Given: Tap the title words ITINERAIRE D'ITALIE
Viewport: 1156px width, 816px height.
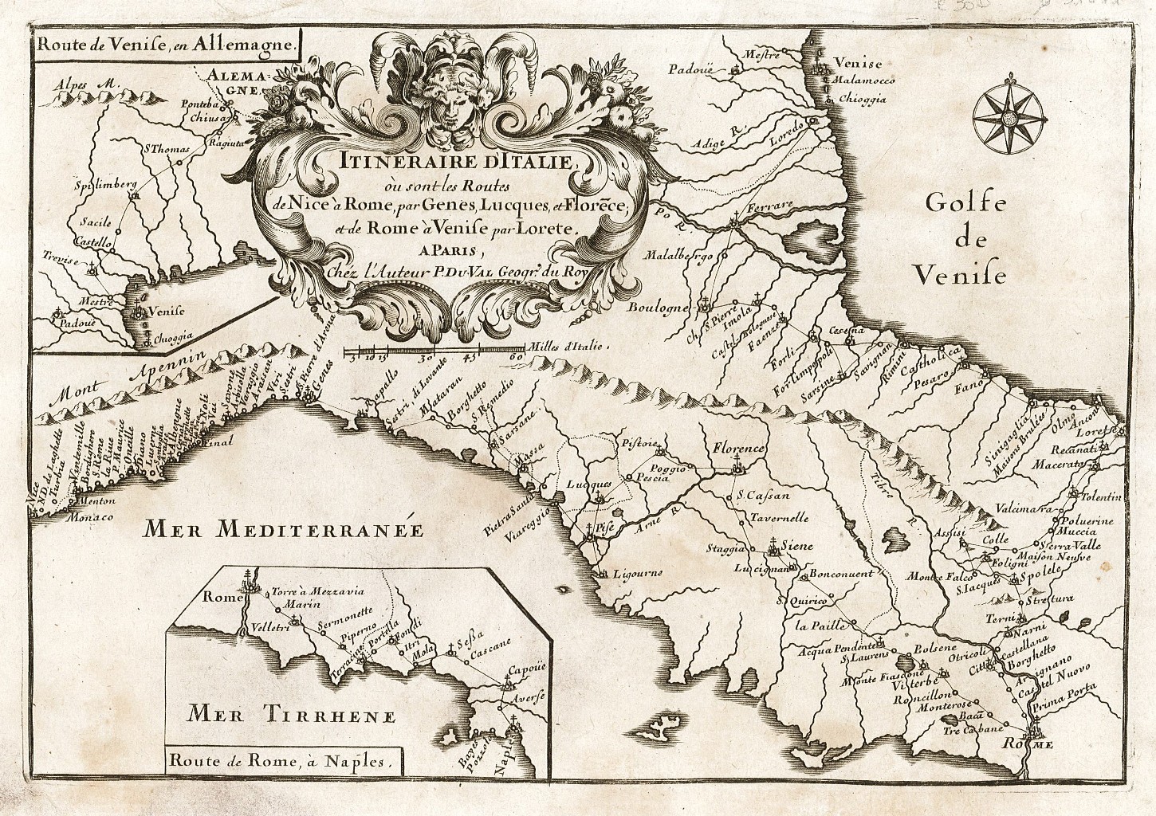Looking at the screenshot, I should coord(430,163).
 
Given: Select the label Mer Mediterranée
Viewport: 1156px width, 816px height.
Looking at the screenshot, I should coord(282,528).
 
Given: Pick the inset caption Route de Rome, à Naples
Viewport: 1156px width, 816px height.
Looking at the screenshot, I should coord(281,760).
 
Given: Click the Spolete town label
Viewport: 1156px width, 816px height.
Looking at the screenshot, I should coord(1041,573).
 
